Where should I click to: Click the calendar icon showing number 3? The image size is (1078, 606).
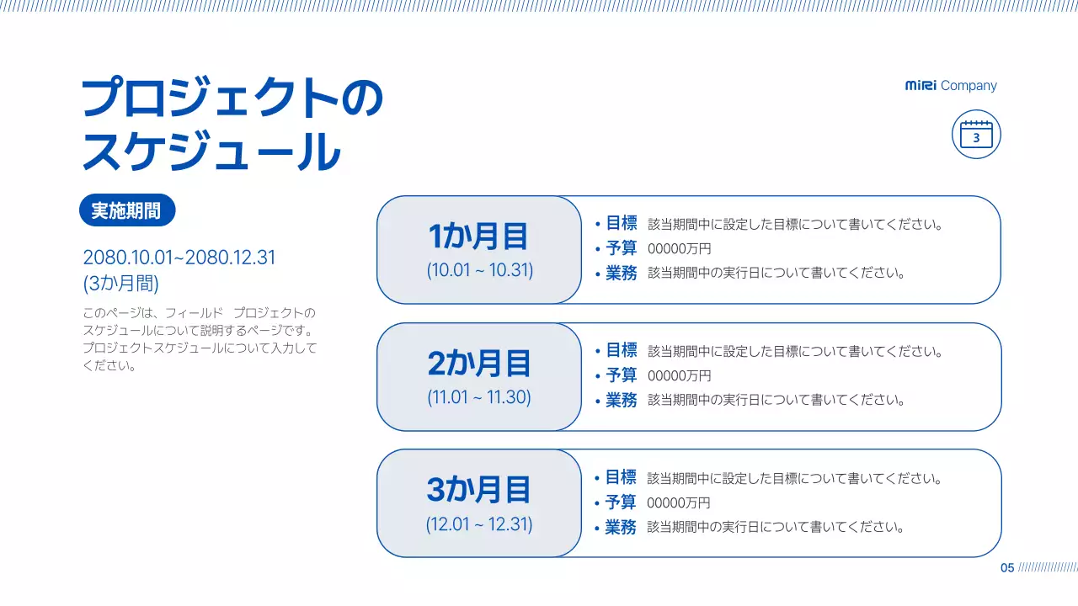[x=976, y=134]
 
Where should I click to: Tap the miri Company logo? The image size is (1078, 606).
[x=951, y=86]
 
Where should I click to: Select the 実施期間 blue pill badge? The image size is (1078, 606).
[x=126, y=210]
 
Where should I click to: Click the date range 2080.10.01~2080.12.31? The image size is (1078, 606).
[x=179, y=258]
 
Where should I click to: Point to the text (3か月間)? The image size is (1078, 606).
[x=120, y=283]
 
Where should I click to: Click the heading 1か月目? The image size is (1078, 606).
[x=478, y=237]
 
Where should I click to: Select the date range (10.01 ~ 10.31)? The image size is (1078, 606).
[x=479, y=271]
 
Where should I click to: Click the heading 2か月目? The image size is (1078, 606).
[x=478, y=364]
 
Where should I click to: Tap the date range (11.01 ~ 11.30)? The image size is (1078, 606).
[x=479, y=397]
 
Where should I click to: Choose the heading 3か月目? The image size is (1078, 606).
[x=478, y=490]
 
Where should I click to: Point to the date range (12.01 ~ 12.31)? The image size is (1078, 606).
[x=479, y=524]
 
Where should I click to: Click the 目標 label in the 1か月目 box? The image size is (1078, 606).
[x=622, y=223]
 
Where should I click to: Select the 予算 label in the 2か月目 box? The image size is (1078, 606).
[x=622, y=375]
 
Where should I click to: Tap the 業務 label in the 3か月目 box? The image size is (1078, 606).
[x=621, y=527]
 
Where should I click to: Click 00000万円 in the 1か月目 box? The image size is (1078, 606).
[x=679, y=249]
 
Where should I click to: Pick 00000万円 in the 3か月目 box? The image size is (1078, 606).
[x=678, y=502]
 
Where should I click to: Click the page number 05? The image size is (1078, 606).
[x=1007, y=568]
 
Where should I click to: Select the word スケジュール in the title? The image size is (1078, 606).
[x=211, y=151]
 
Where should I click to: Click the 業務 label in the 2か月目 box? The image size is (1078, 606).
[x=622, y=400]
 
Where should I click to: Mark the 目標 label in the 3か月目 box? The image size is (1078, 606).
[x=621, y=477]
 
